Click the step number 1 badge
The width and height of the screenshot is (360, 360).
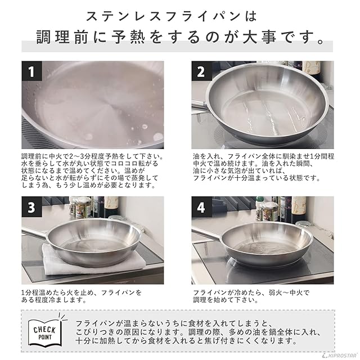32,71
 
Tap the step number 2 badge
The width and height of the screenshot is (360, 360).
201,71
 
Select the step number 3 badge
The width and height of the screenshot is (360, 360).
32,207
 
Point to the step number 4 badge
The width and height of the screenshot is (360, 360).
201,207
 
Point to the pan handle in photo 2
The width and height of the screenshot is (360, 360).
199,106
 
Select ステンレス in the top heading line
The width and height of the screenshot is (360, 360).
118,17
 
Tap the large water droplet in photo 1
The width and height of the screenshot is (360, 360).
158,137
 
